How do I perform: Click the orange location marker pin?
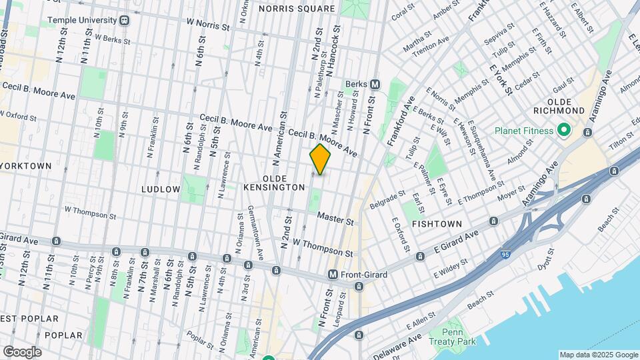(x=321, y=159)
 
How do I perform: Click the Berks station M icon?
(x=375, y=84)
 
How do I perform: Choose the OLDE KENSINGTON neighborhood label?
(x=284, y=183)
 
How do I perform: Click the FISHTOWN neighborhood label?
(x=437, y=224)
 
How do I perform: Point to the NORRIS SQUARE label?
(x=296, y=9)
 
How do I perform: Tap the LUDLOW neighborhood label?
(x=161, y=189)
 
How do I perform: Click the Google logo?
(x=22, y=351)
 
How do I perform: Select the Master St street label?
(x=335, y=217)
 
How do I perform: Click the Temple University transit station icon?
(x=125, y=20)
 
